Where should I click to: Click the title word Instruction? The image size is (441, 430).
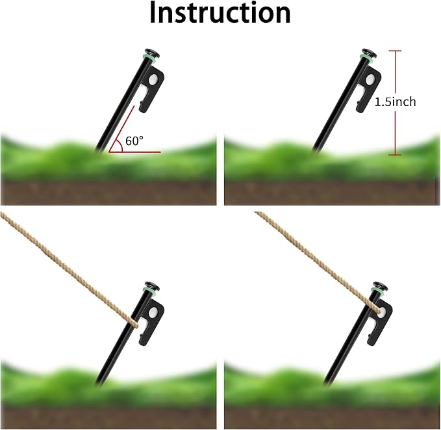tap(220, 12)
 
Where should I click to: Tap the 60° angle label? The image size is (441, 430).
tap(134, 141)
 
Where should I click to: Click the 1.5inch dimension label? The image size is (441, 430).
tap(395, 101)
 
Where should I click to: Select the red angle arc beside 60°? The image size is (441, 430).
tap(120, 146)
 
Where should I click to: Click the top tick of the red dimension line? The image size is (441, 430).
tap(395, 51)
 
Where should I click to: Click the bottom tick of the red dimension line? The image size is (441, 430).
tap(395, 154)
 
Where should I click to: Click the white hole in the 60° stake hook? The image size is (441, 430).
tap(153, 79)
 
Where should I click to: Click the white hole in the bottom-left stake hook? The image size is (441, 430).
tap(153, 312)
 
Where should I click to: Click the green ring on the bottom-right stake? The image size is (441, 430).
tap(378, 291)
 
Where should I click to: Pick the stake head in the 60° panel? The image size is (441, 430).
tap(153, 53)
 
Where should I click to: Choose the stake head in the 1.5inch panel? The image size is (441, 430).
tap(370, 53)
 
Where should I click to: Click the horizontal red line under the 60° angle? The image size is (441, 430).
tap(135, 152)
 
